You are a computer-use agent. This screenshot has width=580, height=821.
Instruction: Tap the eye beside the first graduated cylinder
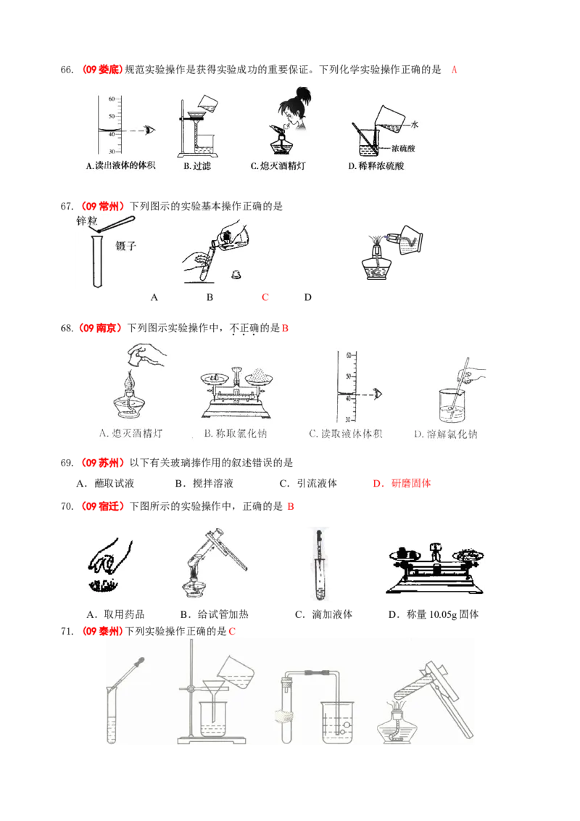click(150, 130)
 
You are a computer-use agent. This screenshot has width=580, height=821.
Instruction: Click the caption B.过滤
click(196, 166)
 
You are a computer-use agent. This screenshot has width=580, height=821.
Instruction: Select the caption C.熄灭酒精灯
click(278, 166)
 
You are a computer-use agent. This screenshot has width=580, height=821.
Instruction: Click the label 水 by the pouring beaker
click(415, 125)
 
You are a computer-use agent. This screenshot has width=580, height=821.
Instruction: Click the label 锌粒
click(86, 220)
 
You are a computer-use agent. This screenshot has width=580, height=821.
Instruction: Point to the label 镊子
click(125, 246)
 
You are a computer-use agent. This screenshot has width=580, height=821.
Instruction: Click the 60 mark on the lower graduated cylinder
click(348, 355)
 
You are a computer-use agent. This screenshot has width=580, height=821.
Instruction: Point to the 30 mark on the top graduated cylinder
click(112, 152)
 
